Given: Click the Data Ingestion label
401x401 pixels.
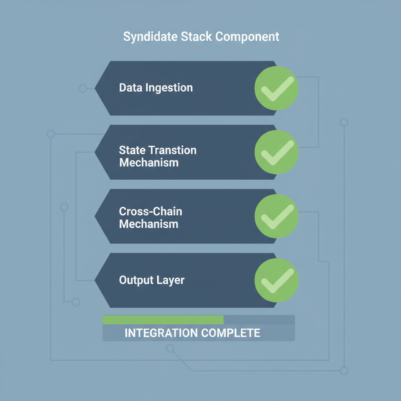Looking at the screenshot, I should point(156,87).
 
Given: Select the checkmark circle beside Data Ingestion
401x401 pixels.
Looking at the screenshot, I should point(276,88).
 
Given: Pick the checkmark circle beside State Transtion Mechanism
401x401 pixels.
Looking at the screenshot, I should point(276,152).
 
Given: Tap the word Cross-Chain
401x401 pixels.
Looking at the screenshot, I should point(150,211).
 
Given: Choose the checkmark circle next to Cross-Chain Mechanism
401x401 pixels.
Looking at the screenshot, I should point(276,216).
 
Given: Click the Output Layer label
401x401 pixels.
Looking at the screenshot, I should point(152,280).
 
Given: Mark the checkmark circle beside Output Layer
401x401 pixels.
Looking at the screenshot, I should point(276,280).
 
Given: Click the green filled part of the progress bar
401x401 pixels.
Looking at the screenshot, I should point(163,320).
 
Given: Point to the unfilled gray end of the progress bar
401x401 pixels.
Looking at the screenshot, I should point(259,320).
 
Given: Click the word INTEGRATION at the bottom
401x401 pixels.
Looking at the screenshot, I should point(161,333).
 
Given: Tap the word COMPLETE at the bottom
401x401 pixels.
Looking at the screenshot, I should point(231,333).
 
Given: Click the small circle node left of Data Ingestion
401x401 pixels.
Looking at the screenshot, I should point(83,89).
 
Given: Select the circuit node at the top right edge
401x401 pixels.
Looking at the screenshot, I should point(344,122).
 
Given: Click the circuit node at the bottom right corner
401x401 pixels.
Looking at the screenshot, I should point(344,370).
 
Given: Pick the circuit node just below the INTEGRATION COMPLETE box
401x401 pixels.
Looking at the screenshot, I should point(170,348).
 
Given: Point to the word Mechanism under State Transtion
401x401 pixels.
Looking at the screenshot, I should point(148,162).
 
